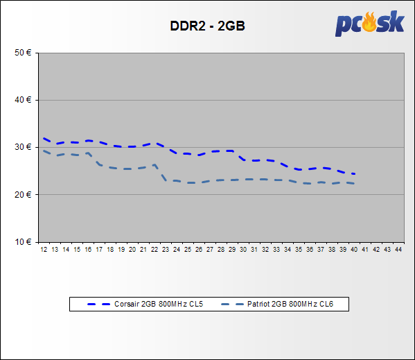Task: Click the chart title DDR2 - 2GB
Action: (x=207, y=26)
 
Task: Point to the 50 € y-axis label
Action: (x=23, y=53)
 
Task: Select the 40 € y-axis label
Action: (x=23, y=100)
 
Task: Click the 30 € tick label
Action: (x=23, y=147)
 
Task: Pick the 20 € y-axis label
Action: (x=23, y=195)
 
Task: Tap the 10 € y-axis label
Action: (x=23, y=242)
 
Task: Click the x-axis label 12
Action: (x=44, y=250)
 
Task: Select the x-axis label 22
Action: (x=154, y=250)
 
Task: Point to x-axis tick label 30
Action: (x=243, y=250)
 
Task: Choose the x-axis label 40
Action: (x=354, y=250)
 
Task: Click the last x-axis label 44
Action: (x=398, y=250)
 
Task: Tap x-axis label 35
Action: (x=299, y=250)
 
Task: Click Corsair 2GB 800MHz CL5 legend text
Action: (x=159, y=304)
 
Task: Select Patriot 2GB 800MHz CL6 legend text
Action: (x=290, y=304)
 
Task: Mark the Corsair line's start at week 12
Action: (x=44, y=138)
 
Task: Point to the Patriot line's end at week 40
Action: (x=354, y=183)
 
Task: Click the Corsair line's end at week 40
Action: (x=354, y=174)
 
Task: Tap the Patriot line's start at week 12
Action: (x=44, y=151)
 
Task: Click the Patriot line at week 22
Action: (x=154, y=164)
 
